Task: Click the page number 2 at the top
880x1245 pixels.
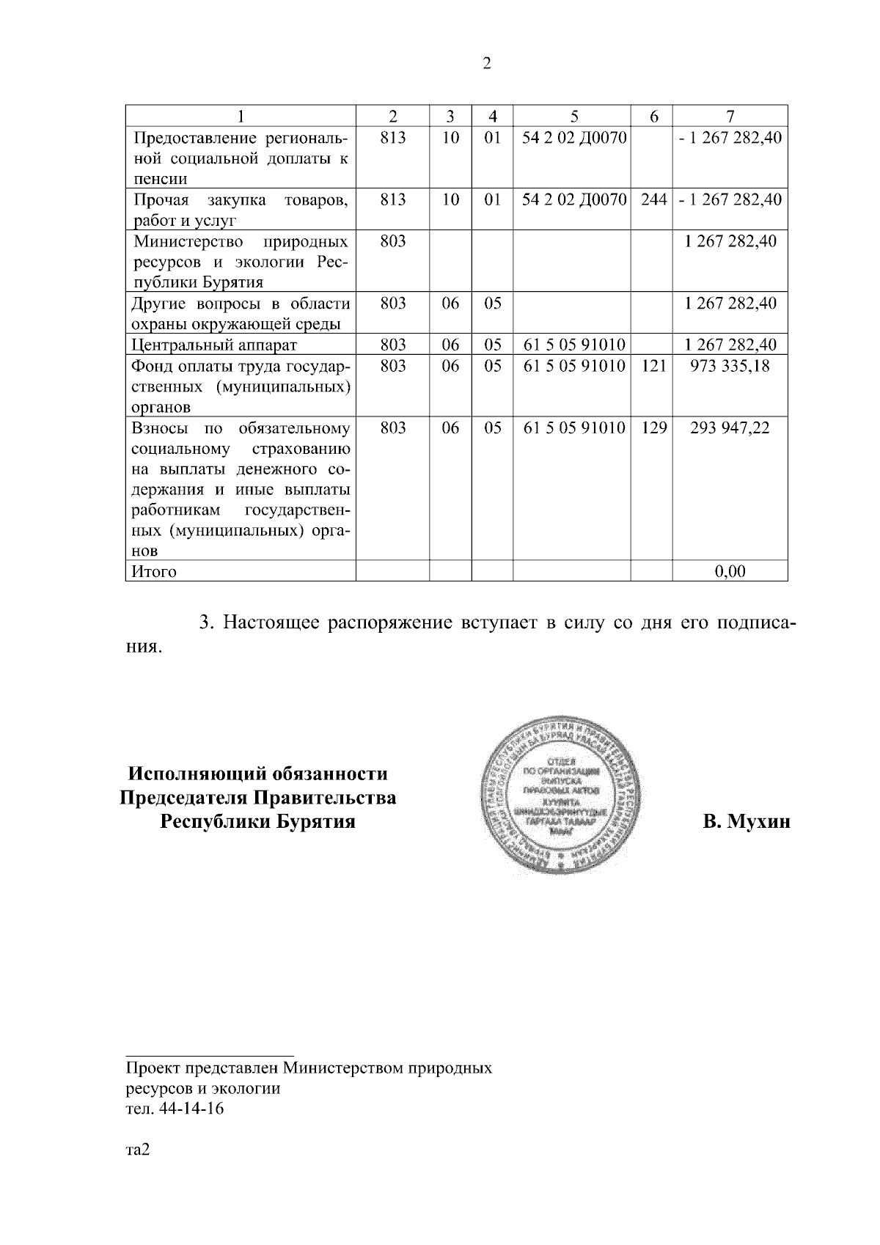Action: point(487,64)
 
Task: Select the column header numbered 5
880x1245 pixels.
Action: point(573,116)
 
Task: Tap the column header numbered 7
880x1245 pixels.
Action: point(730,116)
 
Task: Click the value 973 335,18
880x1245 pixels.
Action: point(730,366)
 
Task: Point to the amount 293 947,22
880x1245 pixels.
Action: point(730,427)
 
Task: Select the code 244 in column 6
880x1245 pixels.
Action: point(652,199)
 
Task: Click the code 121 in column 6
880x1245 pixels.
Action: point(652,366)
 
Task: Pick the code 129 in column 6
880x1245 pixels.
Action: point(652,427)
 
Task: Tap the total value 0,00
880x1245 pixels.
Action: point(730,571)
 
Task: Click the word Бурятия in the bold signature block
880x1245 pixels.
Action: point(315,821)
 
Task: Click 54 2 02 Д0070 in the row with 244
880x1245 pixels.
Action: point(573,199)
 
